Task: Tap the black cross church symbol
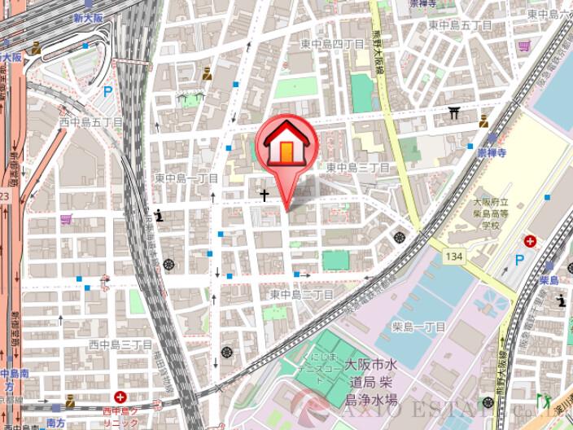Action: pos(264,195)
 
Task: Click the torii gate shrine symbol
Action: pos(454,113)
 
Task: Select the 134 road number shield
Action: pos(455,257)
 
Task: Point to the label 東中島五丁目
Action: pos(455,25)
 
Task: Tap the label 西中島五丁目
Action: pos(90,122)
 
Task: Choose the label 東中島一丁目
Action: pos(186,178)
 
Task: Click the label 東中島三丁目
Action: pos(358,167)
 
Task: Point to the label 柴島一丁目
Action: pos(419,327)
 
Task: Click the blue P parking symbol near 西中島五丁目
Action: pos(107,92)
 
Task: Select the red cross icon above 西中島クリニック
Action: pos(120,397)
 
